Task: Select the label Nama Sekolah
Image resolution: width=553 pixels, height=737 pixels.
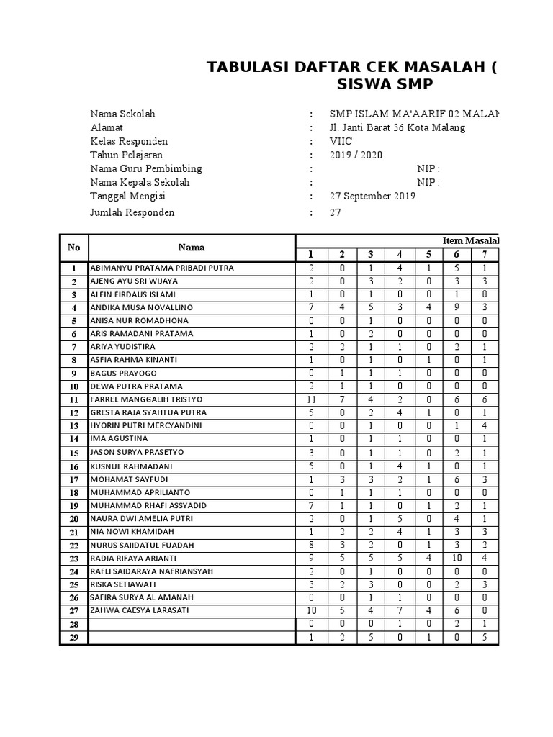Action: point(122,114)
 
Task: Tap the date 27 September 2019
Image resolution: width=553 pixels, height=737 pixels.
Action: point(372,196)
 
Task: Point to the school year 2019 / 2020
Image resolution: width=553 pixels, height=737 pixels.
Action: point(356,155)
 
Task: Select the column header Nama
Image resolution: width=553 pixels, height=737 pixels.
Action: point(192,247)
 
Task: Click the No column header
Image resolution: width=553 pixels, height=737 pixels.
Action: point(73,247)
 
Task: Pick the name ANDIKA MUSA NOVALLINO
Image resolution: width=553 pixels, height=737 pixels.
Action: point(141,307)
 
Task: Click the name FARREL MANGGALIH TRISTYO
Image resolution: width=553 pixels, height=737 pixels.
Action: point(146,399)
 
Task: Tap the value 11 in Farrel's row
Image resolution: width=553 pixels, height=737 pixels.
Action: point(312,399)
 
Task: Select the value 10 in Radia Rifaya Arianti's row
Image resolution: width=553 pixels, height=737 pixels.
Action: point(457,558)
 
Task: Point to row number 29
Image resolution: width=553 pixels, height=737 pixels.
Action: point(73,638)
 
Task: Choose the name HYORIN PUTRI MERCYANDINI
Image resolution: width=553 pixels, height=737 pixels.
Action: point(145,425)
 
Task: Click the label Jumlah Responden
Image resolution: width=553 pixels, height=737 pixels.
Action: point(132,212)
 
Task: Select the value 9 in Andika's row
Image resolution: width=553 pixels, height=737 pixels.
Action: point(457,308)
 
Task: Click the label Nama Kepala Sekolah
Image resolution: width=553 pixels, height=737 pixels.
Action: point(140,182)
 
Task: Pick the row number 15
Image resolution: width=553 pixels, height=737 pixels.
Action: point(73,453)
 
